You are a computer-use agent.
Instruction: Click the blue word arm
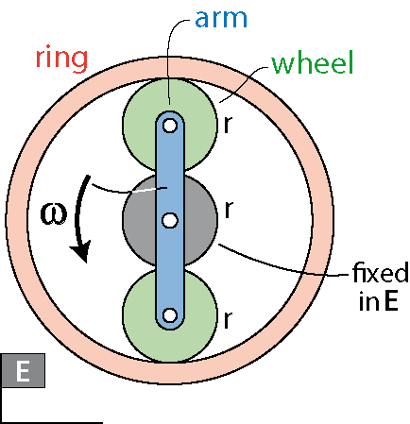click(x=221, y=19)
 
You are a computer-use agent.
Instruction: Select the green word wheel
click(x=313, y=62)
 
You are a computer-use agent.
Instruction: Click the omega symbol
click(x=54, y=214)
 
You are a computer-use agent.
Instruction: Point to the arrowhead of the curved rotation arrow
click(x=81, y=252)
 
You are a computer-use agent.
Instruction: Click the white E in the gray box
click(x=23, y=371)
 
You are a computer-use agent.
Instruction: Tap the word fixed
click(x=381, y=273)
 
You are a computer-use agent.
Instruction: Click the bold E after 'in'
click(x=392, y=301)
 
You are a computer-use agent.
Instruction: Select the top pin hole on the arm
click(x=170, y=126)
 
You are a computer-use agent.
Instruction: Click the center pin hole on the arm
click(x=170, y=220)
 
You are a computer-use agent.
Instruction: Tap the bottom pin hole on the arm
click(x=170, y=315)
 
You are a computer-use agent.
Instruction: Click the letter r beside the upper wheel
click(x=228, y=125)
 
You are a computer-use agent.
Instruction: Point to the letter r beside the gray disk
click(x=229, y=209)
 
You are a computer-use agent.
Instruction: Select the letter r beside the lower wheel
click(x=228, y=319)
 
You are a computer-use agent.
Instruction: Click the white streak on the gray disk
click(x=144, y=190)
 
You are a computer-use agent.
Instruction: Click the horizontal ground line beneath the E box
click(x=52, y=422)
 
